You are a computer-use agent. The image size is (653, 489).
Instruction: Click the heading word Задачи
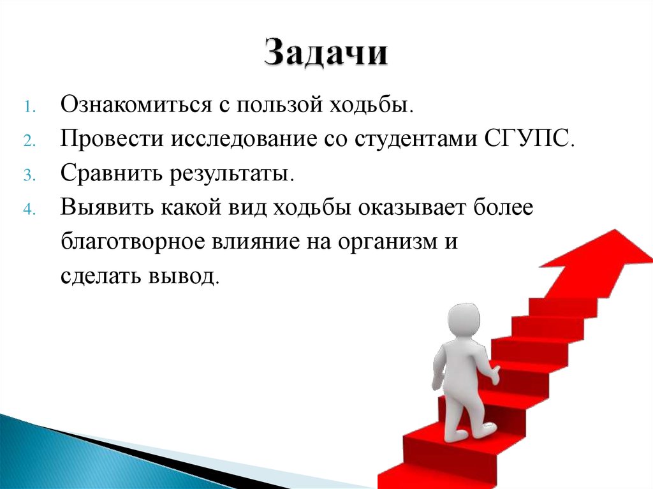tap(326, 53)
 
